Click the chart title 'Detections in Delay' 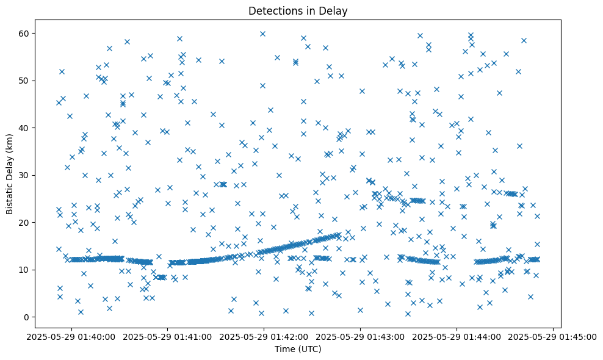click(x=298, y=10)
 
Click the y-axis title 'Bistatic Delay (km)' click(x=10, y=175)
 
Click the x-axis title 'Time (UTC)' click(x=298, y=350)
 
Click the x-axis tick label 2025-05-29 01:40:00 click(x=71, y=336)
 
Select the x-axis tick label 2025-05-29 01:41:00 click(x=167, y=336)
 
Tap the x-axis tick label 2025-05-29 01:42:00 click(x=264, y=336)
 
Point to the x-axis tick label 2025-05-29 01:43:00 click(x=360, y=336)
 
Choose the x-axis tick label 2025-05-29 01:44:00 click(x=457, y=336)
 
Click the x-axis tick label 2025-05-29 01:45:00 click(x=553, y=336)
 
